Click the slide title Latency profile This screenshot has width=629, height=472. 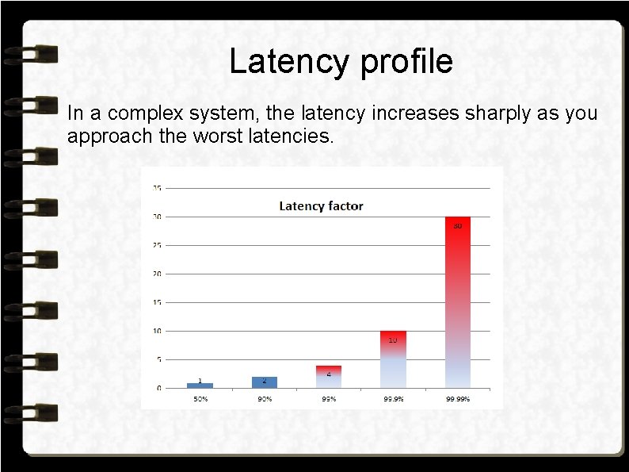tap(341, 62)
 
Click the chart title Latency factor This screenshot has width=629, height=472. tap(321, 206)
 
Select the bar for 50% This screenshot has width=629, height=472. tap(200, 385)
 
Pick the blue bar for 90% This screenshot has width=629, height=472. tap(265, 382)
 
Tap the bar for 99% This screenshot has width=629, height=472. tap(329, 377)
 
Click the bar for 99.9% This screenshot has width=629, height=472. tap(393, 359)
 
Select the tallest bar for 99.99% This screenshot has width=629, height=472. tap(457, 301)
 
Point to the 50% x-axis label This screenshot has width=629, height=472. tap(200, 398)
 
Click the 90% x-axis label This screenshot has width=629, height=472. tap(265, 398)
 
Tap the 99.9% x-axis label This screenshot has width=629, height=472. tap(393, 398)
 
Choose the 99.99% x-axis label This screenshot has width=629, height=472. tap(457, 398)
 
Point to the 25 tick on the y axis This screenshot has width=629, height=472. tap(158, 245)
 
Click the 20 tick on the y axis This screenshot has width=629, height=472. tap(158, 274)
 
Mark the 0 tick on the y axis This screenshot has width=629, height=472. tap(159, 388)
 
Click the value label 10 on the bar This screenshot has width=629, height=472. tap(393, 340)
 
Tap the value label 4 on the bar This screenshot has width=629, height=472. tap(329, 374)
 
